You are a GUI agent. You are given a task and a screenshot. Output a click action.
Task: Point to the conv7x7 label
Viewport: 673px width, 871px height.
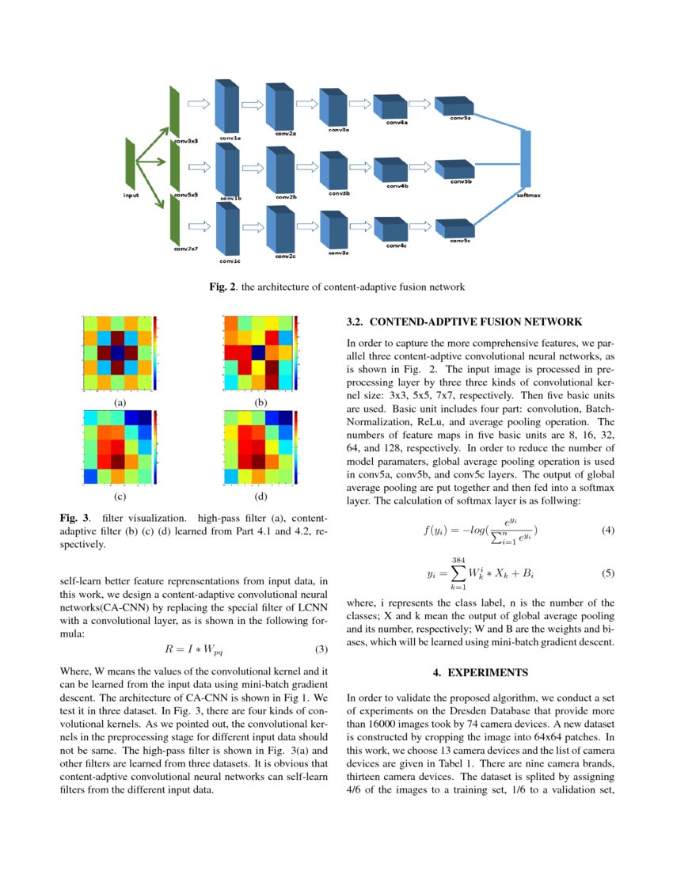click(x=185, y=249)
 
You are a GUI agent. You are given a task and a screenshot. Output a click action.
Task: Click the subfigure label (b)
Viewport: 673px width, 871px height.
click(x=261, y=402)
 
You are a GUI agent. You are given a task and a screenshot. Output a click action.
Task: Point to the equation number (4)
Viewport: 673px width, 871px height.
click(x=607, y=530)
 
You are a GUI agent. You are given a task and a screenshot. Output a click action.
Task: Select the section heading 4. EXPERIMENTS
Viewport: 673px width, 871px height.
click(x=480, y=672)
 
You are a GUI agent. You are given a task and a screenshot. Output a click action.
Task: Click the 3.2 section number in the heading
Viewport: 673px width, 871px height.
click(x=355, y=322)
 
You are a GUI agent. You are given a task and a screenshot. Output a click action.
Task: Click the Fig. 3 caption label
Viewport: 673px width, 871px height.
click(x=74, y=517)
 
